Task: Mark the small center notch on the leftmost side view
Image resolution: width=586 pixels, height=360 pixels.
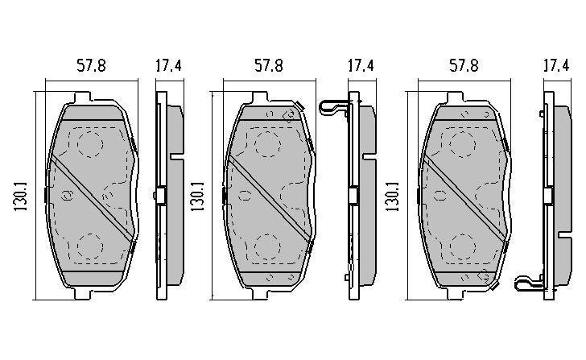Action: point(160,196)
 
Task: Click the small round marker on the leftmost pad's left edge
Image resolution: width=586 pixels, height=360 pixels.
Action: point(68,194)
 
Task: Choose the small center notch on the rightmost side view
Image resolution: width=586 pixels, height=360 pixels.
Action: point(549,196)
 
